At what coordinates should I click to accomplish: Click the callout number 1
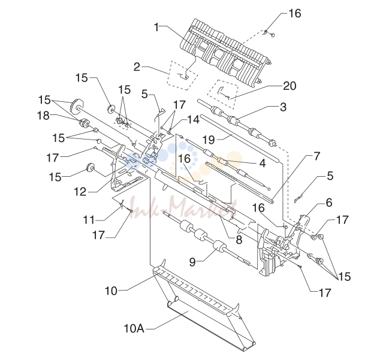156,27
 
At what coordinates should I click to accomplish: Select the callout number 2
137,67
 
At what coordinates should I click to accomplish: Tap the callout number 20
289,86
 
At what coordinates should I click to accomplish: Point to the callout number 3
283,107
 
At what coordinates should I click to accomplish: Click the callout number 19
209,140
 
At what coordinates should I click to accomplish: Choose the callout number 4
263,164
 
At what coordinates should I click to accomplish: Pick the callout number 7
317,156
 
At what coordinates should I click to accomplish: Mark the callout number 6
329,202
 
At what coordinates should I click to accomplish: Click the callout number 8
239,240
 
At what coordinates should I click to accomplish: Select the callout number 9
192,262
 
